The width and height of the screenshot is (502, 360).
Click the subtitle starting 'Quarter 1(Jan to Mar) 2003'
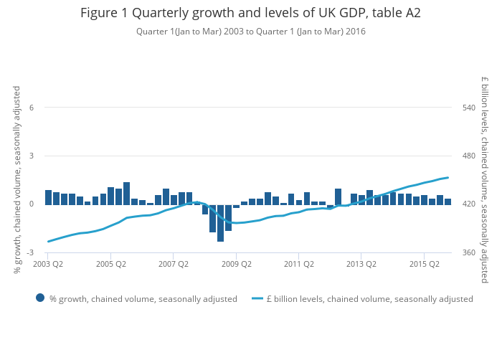coord(251,32)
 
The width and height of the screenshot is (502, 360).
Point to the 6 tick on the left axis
coord(32,108)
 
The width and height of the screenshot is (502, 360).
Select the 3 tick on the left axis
coord(32,156)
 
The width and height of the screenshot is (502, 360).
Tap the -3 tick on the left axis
coord(30,252)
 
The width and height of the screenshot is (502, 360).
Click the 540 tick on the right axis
coord(469,108)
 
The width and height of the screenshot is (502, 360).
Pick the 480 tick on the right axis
coord(469,156)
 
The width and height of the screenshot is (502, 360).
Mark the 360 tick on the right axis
coord(469,252)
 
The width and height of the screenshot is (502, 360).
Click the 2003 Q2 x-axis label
coord(48,264)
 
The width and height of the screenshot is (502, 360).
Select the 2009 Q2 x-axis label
coord(237,264)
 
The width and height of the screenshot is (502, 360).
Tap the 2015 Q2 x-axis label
coord(425,264)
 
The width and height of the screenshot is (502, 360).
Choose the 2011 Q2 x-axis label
coord(299,264)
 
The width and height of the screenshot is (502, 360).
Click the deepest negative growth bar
coord(220,223)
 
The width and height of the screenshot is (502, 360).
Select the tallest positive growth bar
coord(126,194)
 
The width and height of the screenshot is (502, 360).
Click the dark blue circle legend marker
coord(40,298)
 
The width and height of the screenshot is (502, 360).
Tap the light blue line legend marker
coord(257,298)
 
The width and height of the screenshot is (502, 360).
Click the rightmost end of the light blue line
coord(448,177)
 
